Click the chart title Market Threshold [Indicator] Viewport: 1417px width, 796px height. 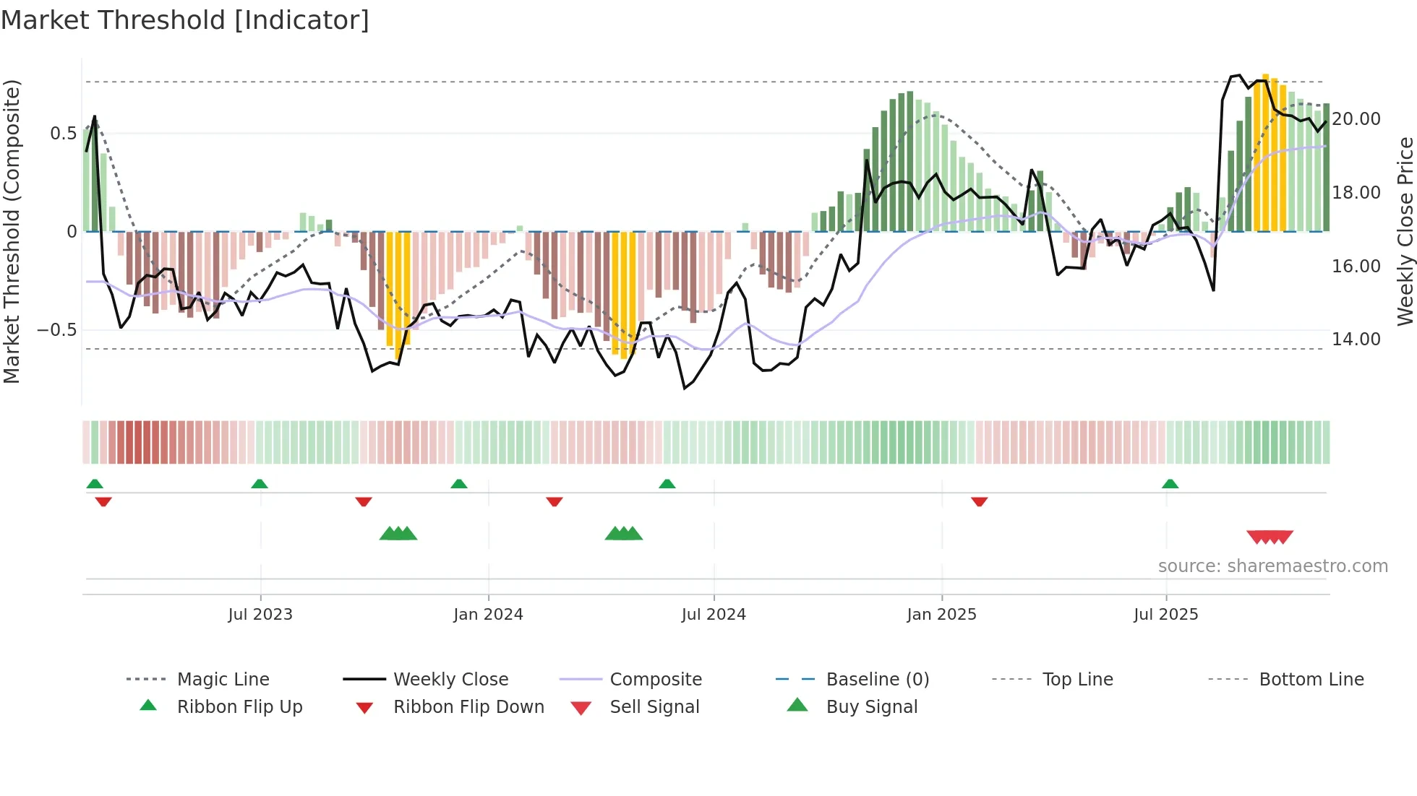185,20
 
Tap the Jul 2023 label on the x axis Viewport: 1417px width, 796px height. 260,615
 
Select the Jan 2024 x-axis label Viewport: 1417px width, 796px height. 488,615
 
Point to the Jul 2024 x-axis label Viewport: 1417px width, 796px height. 714,615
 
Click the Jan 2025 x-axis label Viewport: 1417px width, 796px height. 941,615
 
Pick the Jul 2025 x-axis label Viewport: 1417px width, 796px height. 1165,615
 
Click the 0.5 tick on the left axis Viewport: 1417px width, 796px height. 63,134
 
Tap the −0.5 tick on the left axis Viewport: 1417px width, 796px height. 56,330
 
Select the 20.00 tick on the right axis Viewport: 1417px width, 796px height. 1356,119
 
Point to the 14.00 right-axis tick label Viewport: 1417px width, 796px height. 1356,339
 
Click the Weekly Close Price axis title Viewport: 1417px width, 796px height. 1405,231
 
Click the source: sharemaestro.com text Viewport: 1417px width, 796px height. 1272,566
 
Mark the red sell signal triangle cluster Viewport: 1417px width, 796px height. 1270,537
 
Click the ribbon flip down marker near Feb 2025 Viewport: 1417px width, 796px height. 979,501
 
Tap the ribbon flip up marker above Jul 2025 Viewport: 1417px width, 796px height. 1170,484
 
